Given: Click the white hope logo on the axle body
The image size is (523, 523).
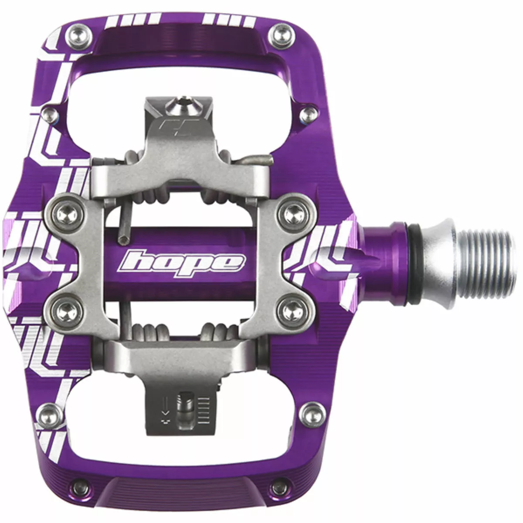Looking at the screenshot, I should coord(182,262).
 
